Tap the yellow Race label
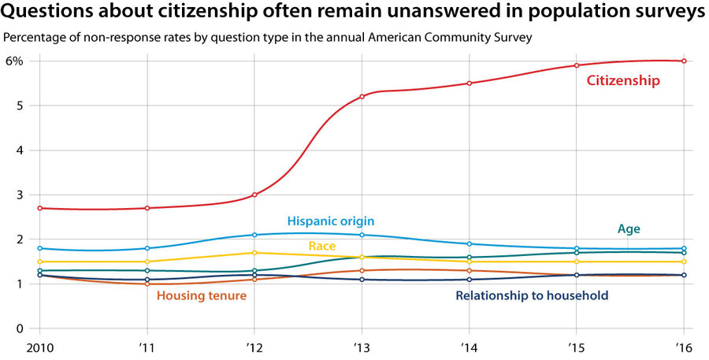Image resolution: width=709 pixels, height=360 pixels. pos(322,247)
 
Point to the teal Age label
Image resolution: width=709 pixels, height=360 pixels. pos(628,228)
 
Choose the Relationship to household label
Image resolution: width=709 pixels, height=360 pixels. pos(532,296)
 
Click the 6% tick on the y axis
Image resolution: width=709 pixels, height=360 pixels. pos(15,61)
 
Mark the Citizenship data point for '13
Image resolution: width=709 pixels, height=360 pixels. pos(362,97)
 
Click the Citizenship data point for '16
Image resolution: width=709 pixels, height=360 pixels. pos(683,61)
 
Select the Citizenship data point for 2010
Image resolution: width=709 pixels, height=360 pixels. pos(39,208)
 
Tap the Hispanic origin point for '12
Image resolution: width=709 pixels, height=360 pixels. pos(254,235)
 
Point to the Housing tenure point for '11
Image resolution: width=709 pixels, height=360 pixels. pos(147,284)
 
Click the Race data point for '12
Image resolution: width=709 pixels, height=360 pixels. pos(254,253)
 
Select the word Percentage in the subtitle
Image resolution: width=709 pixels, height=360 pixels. pos(34,37)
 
